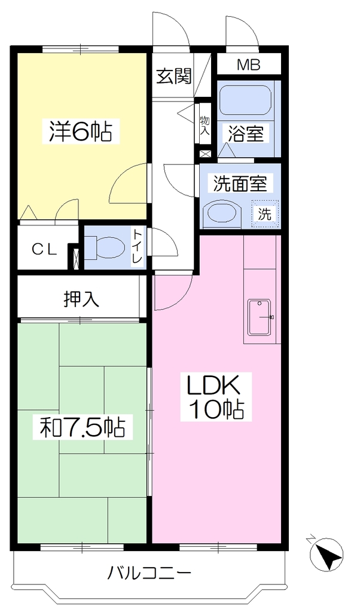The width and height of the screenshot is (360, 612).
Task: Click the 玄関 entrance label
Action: (174, 76)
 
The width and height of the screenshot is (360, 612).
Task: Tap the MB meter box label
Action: (249, 65)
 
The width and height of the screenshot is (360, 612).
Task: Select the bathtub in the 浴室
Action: (245, 100)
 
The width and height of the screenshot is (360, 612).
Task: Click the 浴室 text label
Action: (246, 134)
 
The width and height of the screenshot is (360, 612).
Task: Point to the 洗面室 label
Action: (240, 183)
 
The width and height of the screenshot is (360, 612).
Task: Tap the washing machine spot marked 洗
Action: (265, 214)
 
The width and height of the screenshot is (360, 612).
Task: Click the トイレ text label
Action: (138, 247)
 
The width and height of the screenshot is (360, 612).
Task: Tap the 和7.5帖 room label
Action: (83, 428)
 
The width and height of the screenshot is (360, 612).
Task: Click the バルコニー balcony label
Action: (150, 573)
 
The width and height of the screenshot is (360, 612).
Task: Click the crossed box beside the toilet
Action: (76, 258)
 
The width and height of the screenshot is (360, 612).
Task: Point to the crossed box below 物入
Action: (205, 154)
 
